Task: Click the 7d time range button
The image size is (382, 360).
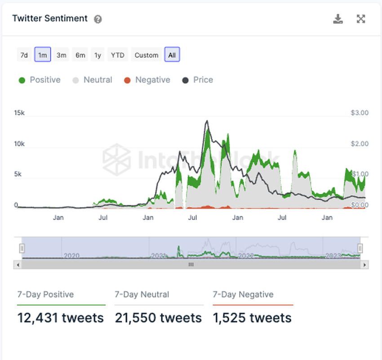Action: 24,55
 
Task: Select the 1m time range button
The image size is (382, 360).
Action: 43,55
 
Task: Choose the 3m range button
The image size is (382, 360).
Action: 62,55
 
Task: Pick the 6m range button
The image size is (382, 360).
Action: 80,55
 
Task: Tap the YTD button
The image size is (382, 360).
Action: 118,55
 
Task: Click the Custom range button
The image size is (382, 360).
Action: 147,55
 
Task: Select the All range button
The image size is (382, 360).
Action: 172,55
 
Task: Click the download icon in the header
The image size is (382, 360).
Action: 338,19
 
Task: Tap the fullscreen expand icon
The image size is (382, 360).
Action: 361,19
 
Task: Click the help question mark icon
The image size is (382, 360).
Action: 98,19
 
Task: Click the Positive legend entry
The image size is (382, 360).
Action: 40,80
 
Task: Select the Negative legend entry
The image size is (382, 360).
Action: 147,80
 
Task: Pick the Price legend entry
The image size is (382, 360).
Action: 198,80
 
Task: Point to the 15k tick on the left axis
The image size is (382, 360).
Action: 19,113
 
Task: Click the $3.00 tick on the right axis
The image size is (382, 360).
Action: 360,113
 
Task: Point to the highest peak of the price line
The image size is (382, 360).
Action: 207,121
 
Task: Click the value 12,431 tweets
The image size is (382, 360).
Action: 61,318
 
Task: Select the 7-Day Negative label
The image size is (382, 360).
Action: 243,294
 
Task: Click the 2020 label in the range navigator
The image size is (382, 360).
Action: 71,256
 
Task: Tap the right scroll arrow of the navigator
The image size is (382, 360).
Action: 365,265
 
